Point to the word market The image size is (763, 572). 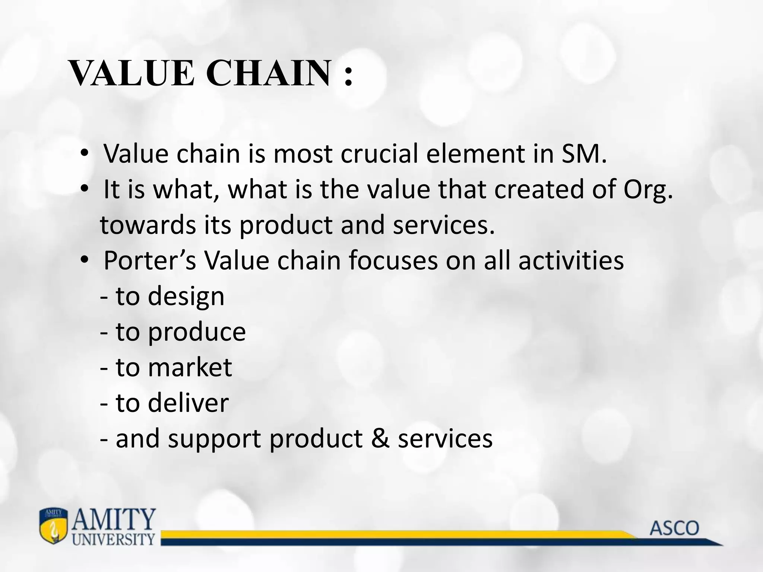pos(190,367)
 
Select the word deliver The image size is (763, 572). pos(188,403)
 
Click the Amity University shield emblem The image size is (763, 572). pos(54,526)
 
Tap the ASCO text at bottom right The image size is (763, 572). pos(674,528)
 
